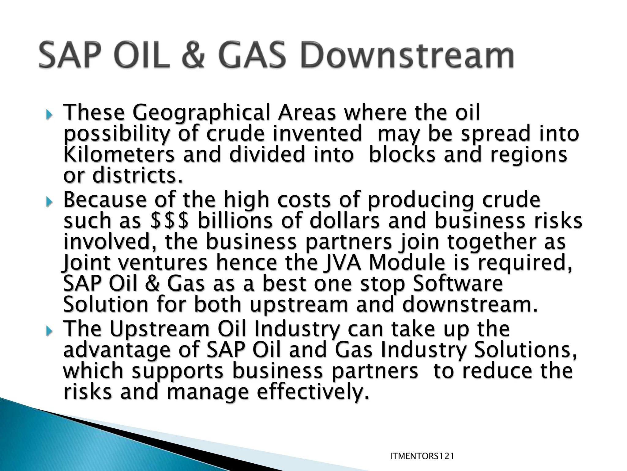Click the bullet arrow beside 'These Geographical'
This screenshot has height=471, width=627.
click(x=49, y=116)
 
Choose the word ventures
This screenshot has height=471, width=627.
click(x=163, y=263)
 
